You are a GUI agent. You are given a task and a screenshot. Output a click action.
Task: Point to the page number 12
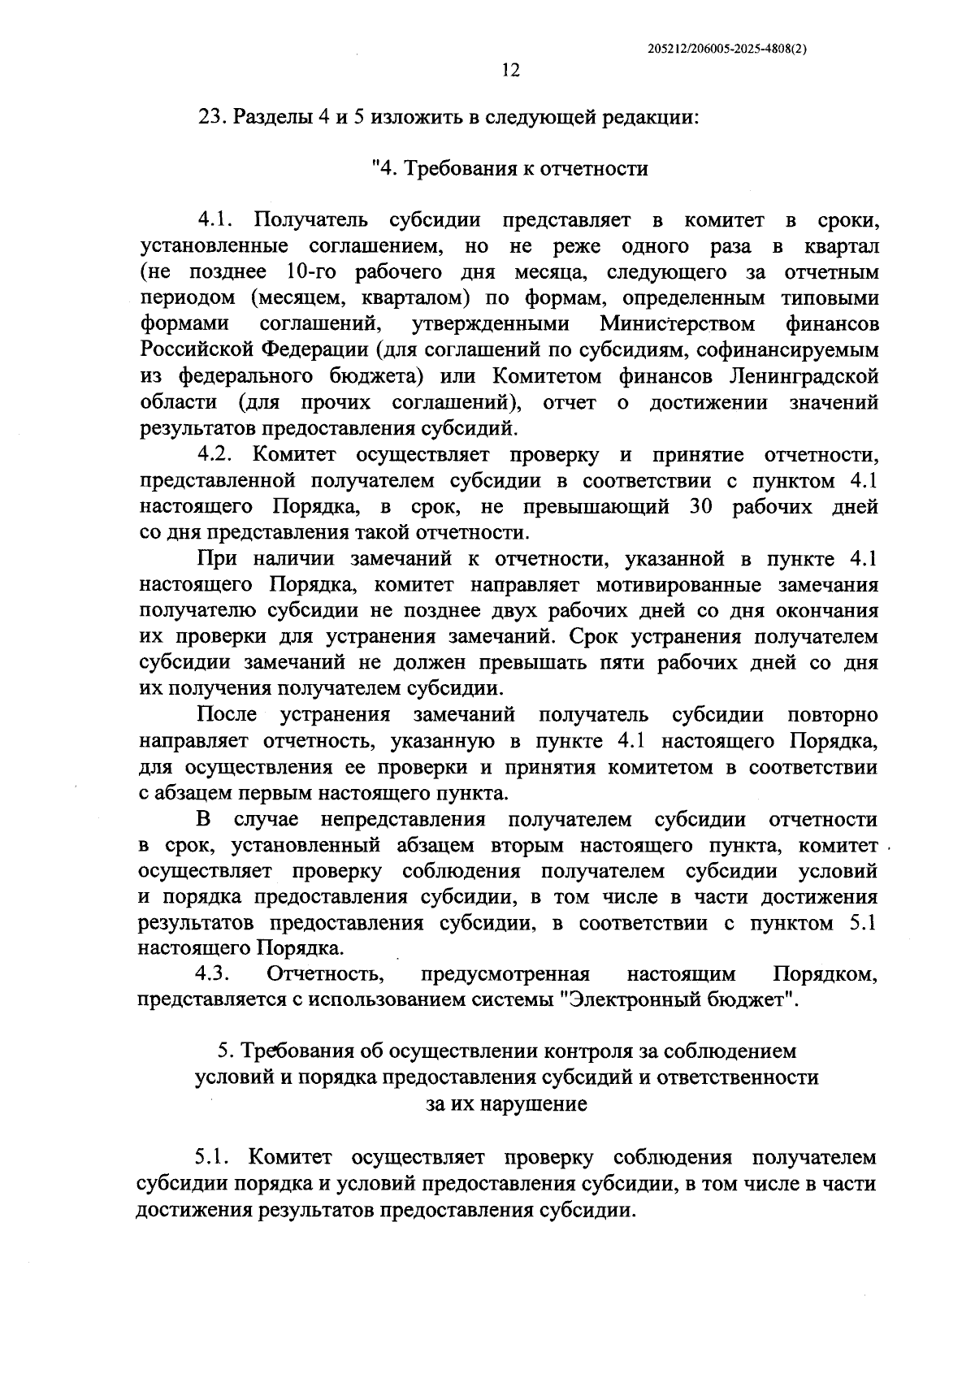pos(510,70)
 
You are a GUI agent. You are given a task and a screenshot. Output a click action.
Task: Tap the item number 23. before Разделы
pos(214,116)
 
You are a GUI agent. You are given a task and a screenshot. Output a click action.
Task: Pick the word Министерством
pos(678,324)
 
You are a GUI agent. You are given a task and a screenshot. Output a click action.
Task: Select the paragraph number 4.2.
pos(214,454)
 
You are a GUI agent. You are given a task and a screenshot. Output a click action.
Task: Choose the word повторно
pos(832,715)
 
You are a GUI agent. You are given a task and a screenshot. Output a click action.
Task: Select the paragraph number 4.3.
pos(214,973)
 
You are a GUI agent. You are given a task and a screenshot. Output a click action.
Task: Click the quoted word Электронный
pos(625,999)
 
